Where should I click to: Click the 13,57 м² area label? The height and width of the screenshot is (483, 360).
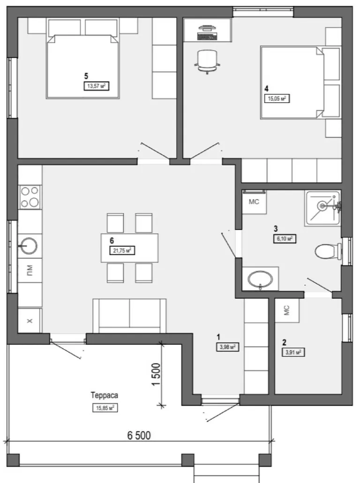(x=97, y=86)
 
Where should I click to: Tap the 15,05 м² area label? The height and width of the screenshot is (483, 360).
(x=277, y=98)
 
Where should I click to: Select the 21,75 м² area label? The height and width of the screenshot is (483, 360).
(x=122, y=250)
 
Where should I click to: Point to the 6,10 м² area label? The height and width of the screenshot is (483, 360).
(x=285, y=239)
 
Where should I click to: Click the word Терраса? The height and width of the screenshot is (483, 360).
(x=105, y=395)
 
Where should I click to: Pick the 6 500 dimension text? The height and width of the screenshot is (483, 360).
(x=139, y=435)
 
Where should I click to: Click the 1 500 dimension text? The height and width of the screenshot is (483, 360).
(x=156, y=374)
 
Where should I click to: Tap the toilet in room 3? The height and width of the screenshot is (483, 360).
(x=328, y=251)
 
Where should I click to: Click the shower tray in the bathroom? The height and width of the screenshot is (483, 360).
(x=323, y=208)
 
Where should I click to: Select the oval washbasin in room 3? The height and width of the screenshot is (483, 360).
(x=260, y=279)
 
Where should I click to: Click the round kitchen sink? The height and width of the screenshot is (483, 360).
(x=29, y=246)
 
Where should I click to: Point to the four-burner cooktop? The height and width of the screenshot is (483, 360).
(x=30, y=196)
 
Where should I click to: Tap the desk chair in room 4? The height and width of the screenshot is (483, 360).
(x=207, y=61)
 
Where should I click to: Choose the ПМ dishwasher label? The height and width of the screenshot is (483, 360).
(x=30, y=271)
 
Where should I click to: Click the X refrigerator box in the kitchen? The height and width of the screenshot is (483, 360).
(x=30, y=321)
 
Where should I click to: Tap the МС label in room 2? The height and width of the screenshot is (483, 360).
(x=286, y=310)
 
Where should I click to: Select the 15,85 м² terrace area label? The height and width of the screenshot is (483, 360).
(x=105, y=408)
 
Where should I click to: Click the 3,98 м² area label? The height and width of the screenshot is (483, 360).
(x=228, y=347)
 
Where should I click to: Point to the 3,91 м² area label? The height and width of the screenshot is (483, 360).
(x=293, y=352)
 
